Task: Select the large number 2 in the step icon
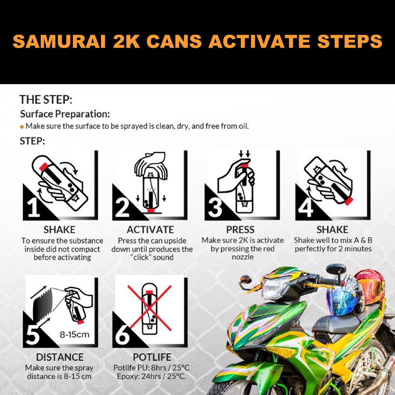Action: click(x=122, y=207)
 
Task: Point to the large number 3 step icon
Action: click(x=215, y=207)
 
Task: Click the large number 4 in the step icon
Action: click(x=306, y=207)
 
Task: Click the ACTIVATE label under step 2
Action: click(x=150, y=230)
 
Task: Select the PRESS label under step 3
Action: click(x=240, y=230)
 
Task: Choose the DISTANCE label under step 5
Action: click(x=60, y=357)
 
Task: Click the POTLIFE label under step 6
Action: click(x=152, y=357)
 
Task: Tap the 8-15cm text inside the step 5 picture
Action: click(x=74, y=334)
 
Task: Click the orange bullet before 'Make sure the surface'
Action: click(x=22, y=127)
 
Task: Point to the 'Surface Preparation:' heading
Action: click(x=65, y=114)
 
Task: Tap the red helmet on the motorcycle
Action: click(x=371, y=287)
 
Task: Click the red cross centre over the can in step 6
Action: click(x=150, y=308)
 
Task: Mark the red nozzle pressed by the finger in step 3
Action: click(x=244, y=165)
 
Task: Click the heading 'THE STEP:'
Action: click(x=46, y=100)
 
